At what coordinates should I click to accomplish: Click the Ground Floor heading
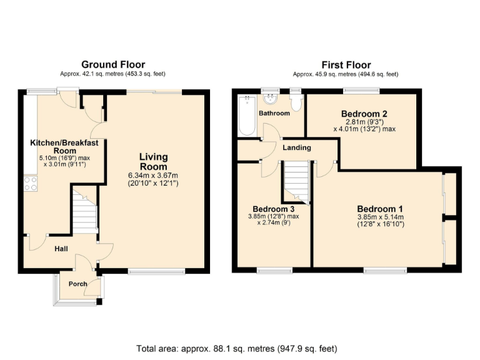click(x=113, y=64)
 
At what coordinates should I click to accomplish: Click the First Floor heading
click(x=346, y=64)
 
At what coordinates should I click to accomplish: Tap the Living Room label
click(x=153, y=162)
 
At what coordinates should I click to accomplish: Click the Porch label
click(x=77, y=284)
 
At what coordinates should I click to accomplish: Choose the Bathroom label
click(x=274, y=113)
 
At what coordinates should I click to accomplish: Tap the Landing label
click(x=297, y=148)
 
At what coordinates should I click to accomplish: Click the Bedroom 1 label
click(x=380, y=209)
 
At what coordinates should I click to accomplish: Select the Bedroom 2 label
click(x=364, y=113)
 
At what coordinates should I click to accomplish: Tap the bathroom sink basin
click(x=271, y=98)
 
